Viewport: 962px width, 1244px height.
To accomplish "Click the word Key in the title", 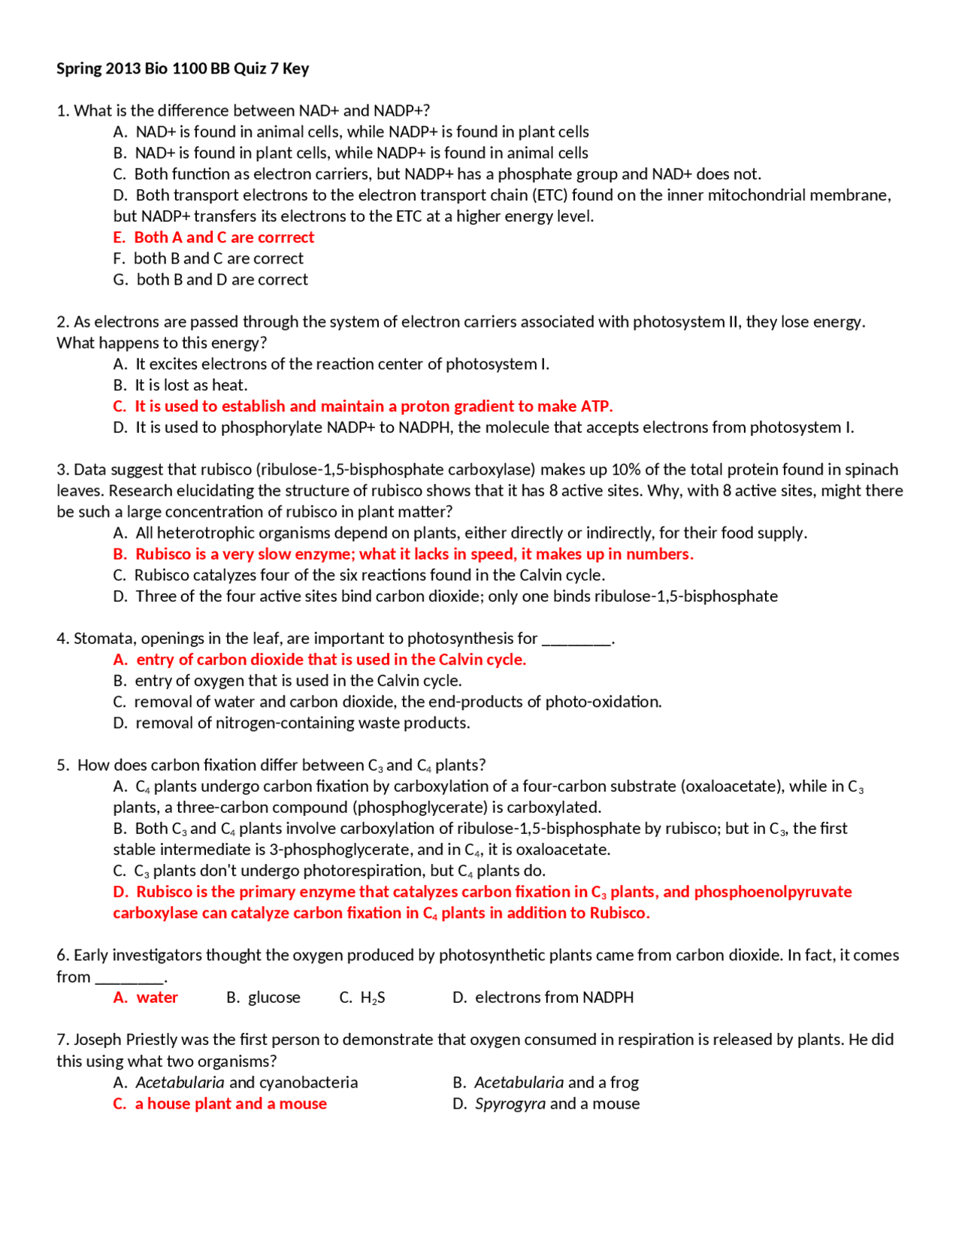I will [x=295, y=68].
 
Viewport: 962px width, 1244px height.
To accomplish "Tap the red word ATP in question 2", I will [x=597, y=406].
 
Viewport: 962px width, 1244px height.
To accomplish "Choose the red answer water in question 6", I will [x=157, y=998].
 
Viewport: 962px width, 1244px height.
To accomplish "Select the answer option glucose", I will [x=274, y=998].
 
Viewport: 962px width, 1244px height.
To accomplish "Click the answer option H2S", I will [x=372, y=998].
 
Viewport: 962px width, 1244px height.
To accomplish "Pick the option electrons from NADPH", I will [x=554, y=998].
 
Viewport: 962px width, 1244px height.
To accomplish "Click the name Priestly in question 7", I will [x=153, y=1040].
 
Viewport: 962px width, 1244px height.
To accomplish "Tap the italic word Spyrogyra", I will [x=510, y=1104].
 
